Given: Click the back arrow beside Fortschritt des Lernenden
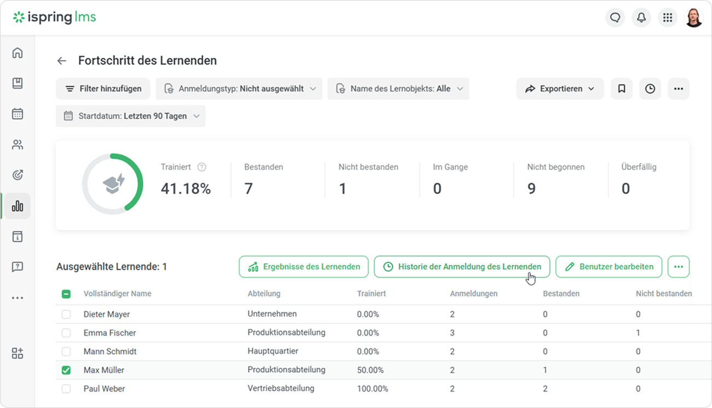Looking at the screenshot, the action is [x=62, y=60].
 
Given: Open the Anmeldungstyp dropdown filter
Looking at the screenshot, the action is [x=239, y=89].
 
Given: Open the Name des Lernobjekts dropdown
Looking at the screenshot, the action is [x=398, y=89].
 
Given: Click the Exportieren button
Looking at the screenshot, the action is [x=560, y=89].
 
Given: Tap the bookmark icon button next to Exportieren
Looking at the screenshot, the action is [x=622, y=89].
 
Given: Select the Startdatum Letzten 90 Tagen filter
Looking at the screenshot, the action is [x=131, y=116].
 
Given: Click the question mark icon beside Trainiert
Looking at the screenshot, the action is [x=202, y=167].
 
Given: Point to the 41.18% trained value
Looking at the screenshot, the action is [x=185, y=188].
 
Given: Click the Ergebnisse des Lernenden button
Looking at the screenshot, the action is [x=304, y=267].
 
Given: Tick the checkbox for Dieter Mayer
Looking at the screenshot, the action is [x=66, y=314].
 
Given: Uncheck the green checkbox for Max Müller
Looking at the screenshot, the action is [x=66, y=370].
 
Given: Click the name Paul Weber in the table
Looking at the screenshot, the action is [x=104, y=389].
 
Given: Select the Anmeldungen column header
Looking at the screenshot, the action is [x=474, y=294].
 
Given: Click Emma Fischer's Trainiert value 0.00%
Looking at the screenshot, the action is [x=368, y=333].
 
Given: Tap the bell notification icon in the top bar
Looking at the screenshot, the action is [x=641, y=18].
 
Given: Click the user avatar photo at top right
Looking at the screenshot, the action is [x=694, y=18].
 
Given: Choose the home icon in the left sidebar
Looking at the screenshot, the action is [x=17, y=53].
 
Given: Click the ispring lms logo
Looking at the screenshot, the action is [x=54, y=17].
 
